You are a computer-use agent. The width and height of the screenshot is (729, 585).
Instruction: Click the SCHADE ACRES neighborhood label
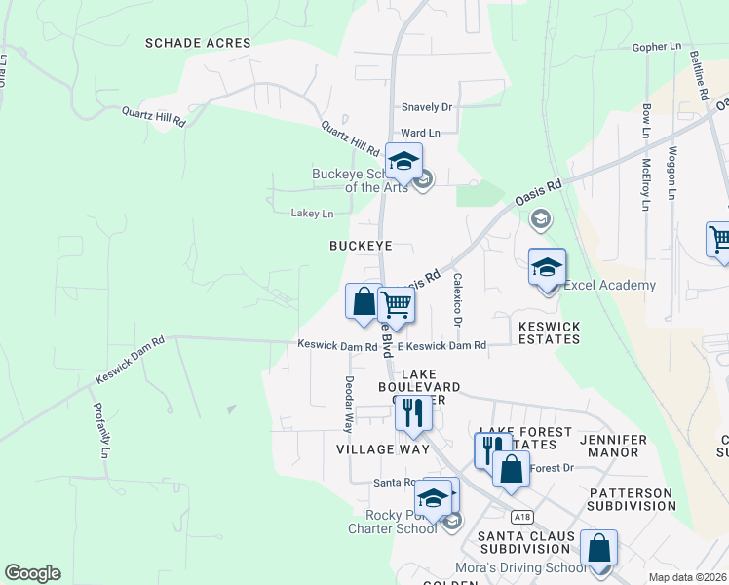pyautogui.click(x=198, y=43)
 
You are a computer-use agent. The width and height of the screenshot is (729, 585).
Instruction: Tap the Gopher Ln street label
pyautogui.click(x=657, y=46)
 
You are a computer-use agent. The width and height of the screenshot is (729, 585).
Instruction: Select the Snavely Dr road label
pyautogui.click(x=427, y=107)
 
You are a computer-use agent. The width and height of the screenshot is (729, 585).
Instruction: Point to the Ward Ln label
pyautogui.click(x=421, y=132)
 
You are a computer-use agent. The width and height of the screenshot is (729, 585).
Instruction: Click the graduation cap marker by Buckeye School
pyautogui.click(x=403, y=162)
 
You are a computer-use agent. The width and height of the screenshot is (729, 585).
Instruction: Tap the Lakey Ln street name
pyautogui.click(x=312, y=213)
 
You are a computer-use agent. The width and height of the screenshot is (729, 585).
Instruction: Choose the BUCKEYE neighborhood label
pyautogui.click(x=360, y=246)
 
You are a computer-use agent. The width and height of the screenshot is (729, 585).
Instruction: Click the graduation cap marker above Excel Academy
pyautogui.click(x=548, y=268)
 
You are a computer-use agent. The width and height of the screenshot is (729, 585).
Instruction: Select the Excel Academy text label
pyautogui.click(x=609, y=286)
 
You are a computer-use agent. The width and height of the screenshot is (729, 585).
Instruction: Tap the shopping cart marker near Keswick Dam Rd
pyautogui.click(x=396, y=305)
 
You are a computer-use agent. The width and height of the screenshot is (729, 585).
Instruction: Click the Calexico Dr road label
pyautogui.click(x=456, y=300)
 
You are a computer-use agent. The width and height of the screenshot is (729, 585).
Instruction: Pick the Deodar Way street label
pyautogui.click(x=348, y=404)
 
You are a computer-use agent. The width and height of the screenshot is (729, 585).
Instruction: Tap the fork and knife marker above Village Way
pyautogui.click(x=413, y=412)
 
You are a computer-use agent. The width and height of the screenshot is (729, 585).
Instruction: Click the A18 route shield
pyautogui.click(x=520, y=515)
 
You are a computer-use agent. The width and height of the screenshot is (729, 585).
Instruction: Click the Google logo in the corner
pyautogui.click(x=32, y=573)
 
